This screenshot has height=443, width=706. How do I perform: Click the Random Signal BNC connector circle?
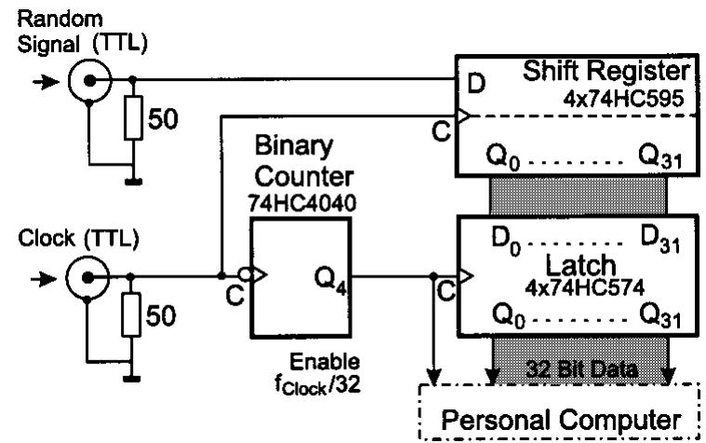88,80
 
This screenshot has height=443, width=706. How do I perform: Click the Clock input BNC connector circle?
88,275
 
